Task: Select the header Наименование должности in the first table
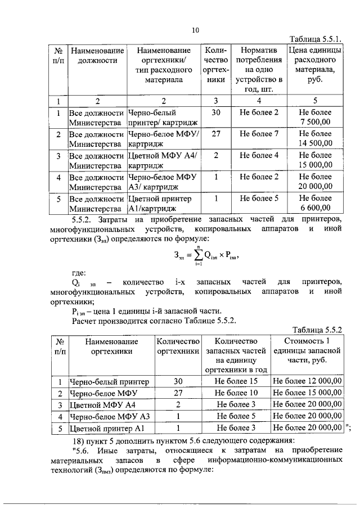(x=98, y=56)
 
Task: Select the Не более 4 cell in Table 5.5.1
(x=259, y=155)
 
